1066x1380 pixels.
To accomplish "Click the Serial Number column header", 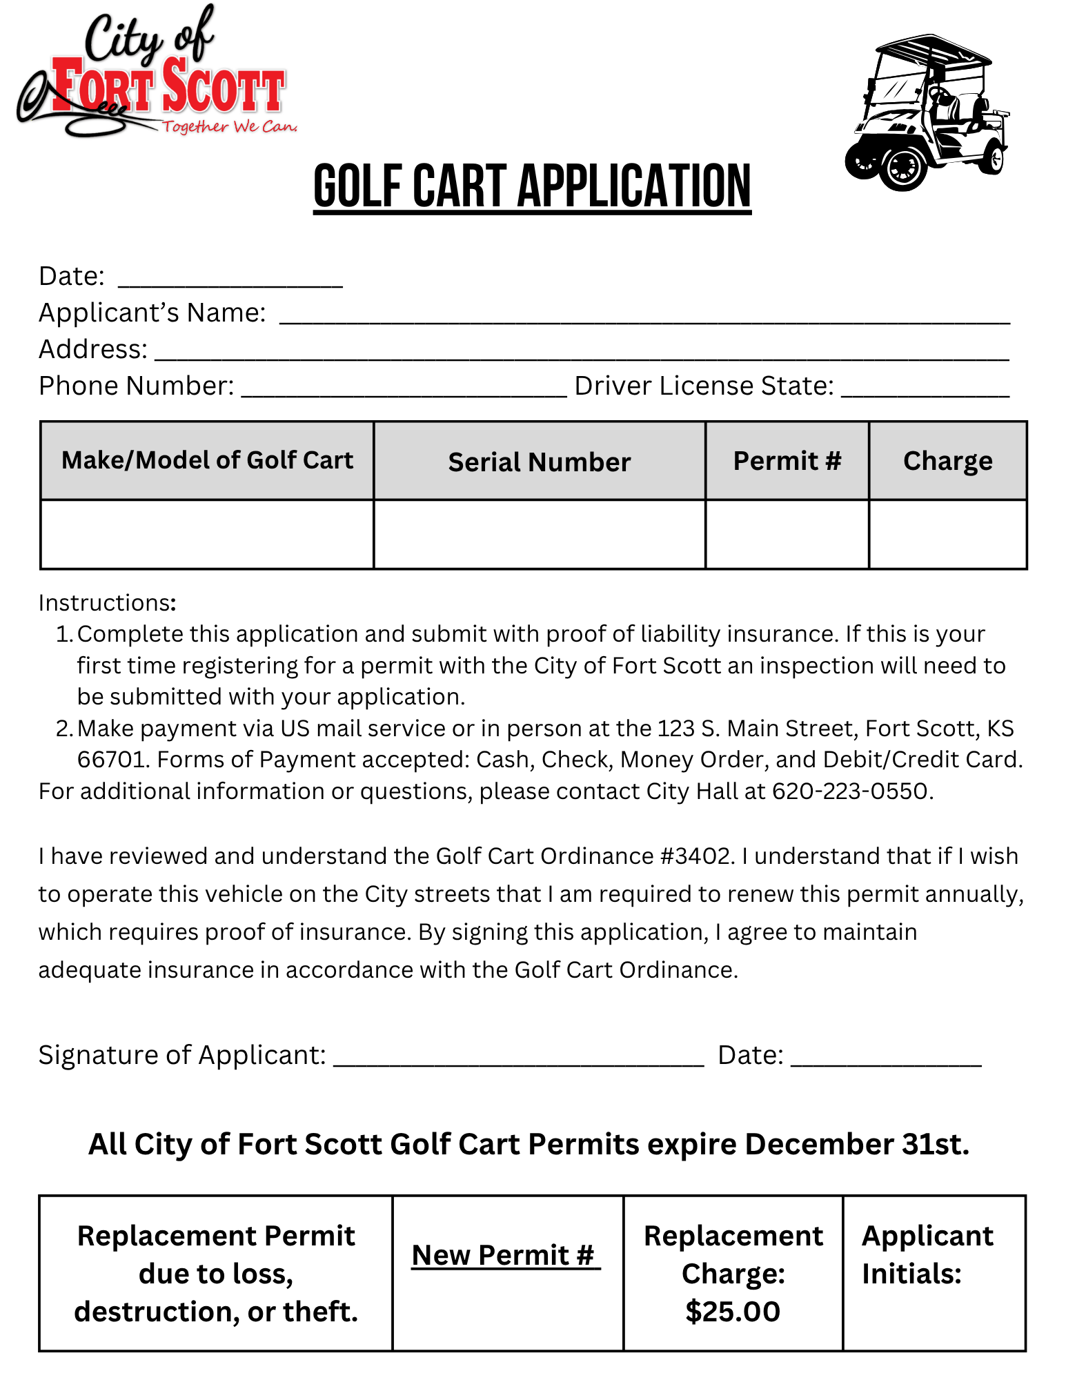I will [x=540, y=462].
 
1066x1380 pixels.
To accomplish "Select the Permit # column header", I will [x=787, y=460].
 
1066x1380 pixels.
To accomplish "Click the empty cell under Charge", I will [x=948, y=535].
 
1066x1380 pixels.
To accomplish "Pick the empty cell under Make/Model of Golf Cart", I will [x=207, y=535].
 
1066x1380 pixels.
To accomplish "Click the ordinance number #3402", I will [x=694, y=856].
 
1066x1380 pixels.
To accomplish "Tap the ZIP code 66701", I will [x=111, y=760].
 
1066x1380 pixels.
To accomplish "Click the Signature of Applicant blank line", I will [x=518, y=1058].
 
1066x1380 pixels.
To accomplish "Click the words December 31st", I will [x=857, y=1144].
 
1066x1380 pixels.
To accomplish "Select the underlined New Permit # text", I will [x=506, y=1255].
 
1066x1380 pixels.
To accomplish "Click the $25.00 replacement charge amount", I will [x=733, y=1311].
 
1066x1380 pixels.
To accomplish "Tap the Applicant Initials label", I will [x=927, y=1254].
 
